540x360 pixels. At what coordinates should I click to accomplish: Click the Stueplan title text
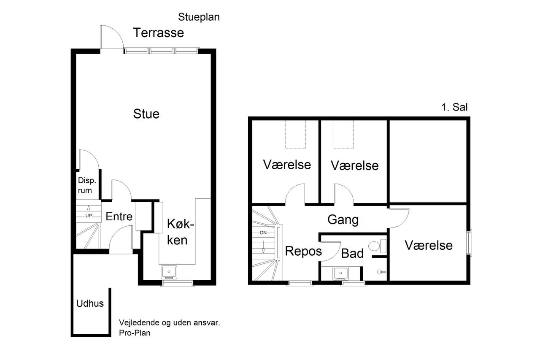click(x=199, y=17)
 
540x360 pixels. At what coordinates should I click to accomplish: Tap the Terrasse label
click(x=158, y=32)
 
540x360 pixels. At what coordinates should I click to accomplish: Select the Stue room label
click(x=146, y=114)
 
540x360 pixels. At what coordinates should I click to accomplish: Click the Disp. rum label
click(x=87, y=185)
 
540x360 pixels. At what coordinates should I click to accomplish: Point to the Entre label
click(x=119, y=217)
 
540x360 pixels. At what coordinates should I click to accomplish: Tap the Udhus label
click(x=90, y=303)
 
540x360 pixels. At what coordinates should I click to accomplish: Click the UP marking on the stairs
click(x=89, y=216)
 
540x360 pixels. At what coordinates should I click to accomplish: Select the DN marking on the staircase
click(x=263, y=233)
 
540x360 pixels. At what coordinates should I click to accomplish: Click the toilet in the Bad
click(x=378, y=246)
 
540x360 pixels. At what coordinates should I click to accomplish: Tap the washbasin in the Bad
click(x=340, y=273)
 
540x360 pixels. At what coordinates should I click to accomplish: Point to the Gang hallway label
click(x=343, y=220)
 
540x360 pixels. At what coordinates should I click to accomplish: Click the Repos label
click(x=303, y=251)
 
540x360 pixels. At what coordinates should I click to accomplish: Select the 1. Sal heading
click(x=454, y=107)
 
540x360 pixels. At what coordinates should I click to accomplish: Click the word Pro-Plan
click(x=135, y=333)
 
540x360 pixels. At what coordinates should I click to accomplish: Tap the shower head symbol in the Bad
click(x=381, y=272)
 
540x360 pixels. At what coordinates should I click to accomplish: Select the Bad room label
click(x=352, y=253)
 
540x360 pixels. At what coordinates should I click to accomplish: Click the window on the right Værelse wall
click(x=469, y=243)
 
